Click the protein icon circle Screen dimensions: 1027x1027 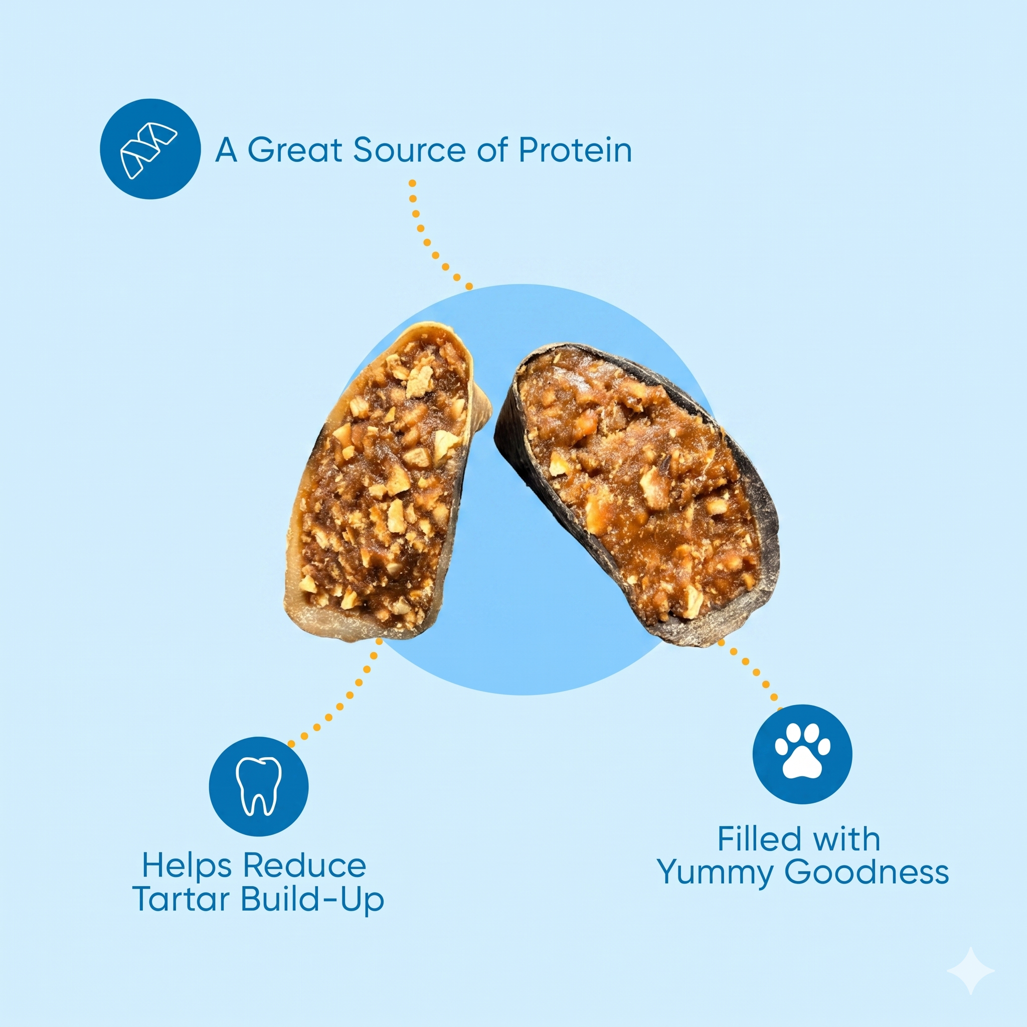pyautogui.click(x=150, y=149)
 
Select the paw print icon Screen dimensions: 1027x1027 pyautogui.click(x=802, y=754)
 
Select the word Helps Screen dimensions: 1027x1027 pyautogui.click(x=186, y=866)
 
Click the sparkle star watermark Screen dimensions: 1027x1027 pyautogui.click(x=971, y=971)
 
